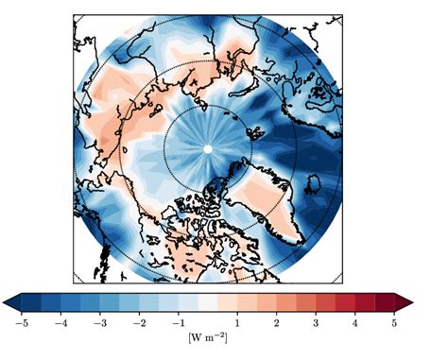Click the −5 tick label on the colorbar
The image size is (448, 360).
point(20,323)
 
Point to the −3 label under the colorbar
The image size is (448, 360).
point(99,323)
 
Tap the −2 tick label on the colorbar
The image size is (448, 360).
point(138,323)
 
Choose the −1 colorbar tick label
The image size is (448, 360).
point(178,323)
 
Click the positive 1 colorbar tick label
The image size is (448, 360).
point(237,323)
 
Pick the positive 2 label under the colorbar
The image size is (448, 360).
point(277,323)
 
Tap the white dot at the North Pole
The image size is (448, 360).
point(208,148)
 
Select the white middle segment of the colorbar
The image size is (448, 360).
point(208,302)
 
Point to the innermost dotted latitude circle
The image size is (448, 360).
point(208,105)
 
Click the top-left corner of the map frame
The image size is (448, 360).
point(74,14)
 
